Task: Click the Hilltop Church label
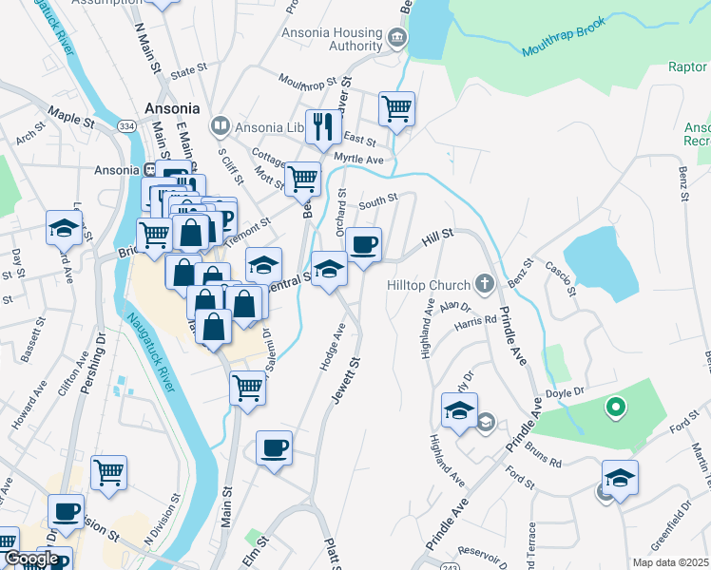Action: (429, 285)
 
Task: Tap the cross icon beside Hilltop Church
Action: (484, 283)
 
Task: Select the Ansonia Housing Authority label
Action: (330, 38)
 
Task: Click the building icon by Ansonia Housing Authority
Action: (396, 39)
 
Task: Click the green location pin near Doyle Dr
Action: (615, 408)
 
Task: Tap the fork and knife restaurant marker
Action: (323, 125)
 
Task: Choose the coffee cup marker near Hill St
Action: (363, 245)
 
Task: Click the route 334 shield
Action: (125, 125)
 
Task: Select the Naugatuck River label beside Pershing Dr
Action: (149, 353)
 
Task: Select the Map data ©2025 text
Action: (670, 562)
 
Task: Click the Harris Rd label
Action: (476, 321)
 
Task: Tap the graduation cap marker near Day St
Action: (64, 226)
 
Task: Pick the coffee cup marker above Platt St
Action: (274, 447)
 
